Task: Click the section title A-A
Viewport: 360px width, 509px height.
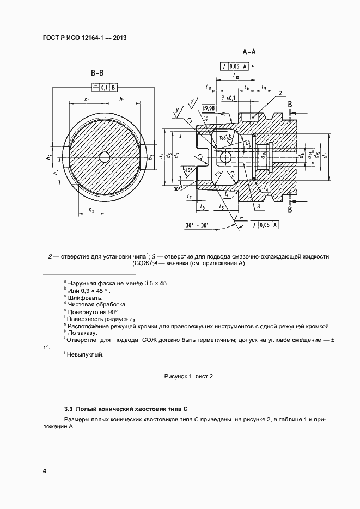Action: point(249,52)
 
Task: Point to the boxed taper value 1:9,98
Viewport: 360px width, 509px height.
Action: point(208,108)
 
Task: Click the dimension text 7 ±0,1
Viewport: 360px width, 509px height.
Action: point(228,97)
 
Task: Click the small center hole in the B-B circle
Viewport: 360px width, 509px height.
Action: point(104,157)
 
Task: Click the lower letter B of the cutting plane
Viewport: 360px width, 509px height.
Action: point(290,208)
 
